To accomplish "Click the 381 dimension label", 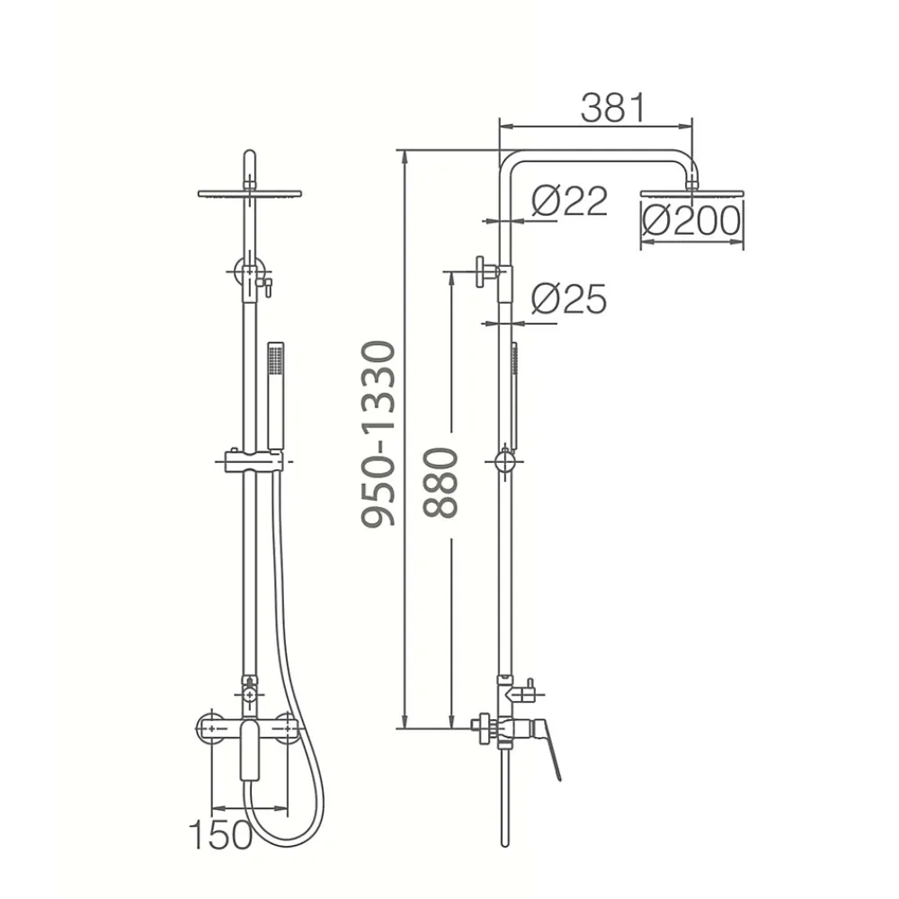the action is tap(613, 108).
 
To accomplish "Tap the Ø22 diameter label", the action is tap(569, 200).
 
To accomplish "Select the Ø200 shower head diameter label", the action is tap(691, 221).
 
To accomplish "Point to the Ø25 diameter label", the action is tap(569, 298).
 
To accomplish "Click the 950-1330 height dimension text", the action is tap(378, 433).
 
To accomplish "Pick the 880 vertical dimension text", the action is tap(441, 484).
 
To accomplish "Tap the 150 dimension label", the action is tap(221, 834).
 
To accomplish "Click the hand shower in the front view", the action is tap(276, 395).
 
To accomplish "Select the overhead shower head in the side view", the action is tap(692, 194).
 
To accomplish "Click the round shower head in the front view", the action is tap(250, 194).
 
